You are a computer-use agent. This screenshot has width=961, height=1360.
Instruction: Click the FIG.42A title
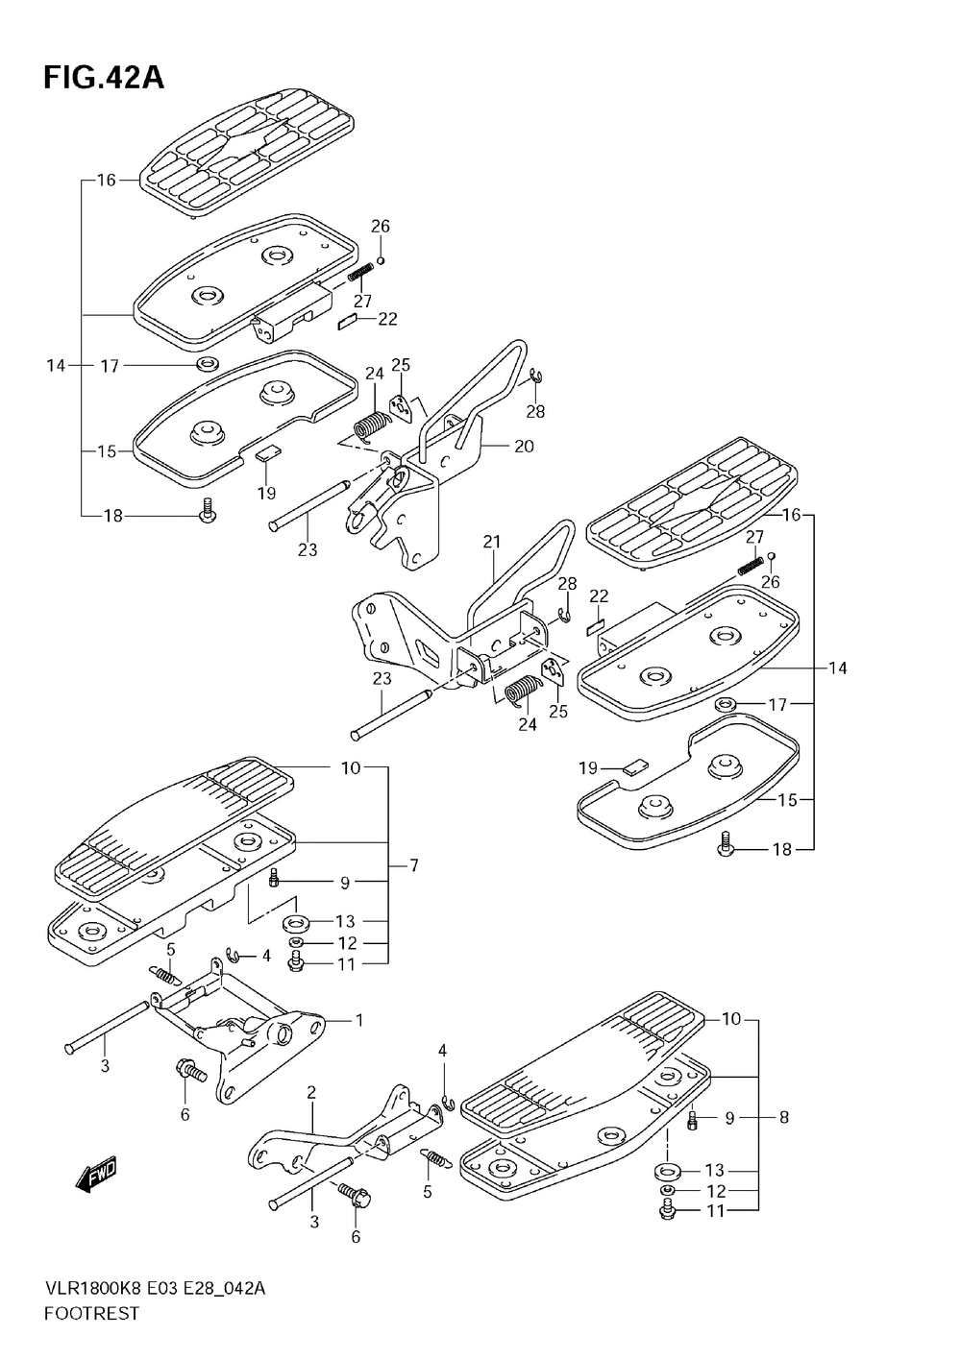click(104, 78)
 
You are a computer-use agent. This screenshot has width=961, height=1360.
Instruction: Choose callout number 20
click(524, 447)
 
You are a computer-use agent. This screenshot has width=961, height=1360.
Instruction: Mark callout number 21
click(491, 541)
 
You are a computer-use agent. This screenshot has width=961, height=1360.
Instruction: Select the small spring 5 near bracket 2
click(435, 1157)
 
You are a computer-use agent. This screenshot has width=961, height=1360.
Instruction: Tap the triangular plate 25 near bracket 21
click(554, 671)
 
